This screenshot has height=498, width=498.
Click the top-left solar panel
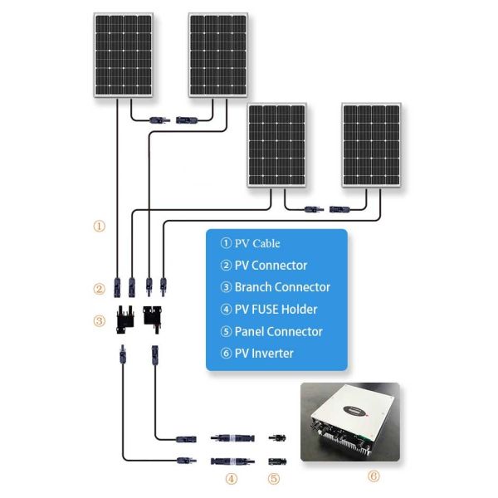123,55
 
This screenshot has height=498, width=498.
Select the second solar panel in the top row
219,55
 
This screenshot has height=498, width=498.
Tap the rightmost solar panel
372,144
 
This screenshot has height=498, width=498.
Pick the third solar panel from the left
276,144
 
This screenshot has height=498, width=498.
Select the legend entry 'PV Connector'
263,266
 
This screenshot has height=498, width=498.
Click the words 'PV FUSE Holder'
269,310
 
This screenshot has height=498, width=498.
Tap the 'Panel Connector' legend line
271,331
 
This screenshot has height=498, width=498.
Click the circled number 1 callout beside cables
100,225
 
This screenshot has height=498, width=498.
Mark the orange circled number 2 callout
100,290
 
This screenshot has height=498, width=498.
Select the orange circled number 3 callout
100,320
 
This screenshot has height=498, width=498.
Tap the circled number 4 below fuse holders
232,478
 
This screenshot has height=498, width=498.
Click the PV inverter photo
349,422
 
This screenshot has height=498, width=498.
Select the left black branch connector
124,319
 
